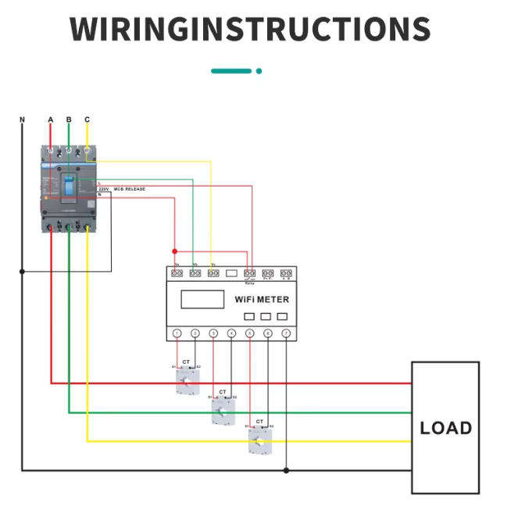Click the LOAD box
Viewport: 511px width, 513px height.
(x=445, y=427)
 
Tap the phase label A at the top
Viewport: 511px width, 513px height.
(x=51, y=119)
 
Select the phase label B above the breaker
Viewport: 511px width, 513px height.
(x=69, y=119)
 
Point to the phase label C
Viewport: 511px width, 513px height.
(x=87, y=119)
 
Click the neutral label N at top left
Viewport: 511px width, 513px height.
(x=22, y=119)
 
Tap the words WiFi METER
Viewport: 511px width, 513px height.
(x=262, y=299)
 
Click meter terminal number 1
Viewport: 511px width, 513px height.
(x=177, y=333)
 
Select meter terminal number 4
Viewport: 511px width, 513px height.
(x=231, y=333)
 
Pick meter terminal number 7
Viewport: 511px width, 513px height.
(x=286, y=333)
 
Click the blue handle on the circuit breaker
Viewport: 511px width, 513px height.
(x=69, y=186)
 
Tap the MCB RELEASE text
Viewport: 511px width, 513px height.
(x=130, y=189)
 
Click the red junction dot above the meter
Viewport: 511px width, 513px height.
(x=174, y=251)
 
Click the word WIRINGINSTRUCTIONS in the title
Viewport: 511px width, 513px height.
(x=250, y=29)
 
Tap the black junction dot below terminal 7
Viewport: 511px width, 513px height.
(x=286, y=470)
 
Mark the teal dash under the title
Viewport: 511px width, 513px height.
(x=231, y=71)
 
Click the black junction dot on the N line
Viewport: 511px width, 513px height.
(x=22, y=271)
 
